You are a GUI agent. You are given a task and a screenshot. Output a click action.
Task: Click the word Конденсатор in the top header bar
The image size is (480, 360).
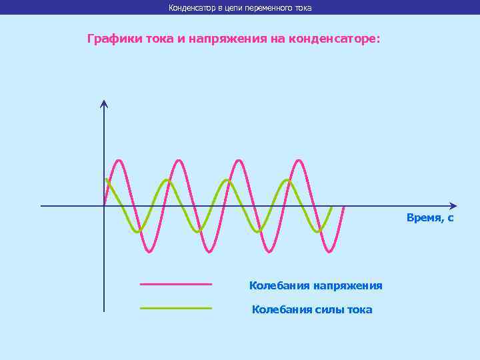pyautogui.click(x=189, y=8)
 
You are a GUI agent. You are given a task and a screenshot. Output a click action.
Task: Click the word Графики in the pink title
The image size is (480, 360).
pyautogui.click(x=111, y=39)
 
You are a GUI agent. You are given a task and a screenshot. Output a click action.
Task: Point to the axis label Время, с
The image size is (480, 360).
pyautogui.click(x=430, y=218)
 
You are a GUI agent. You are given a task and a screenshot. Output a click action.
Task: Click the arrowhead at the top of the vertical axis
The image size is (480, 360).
pyautogui.click(x=104, y=103)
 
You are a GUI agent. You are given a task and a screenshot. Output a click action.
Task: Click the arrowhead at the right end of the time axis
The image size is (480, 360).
pyautogui.click(x=453, y=205)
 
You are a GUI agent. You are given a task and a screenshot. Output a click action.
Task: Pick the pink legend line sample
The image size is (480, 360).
pyautogui.click(x=176, y=284)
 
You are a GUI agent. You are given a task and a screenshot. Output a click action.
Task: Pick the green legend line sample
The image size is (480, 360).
pyautogui.click(x=176, y=308)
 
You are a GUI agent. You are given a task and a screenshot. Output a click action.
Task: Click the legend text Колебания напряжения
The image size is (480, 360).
pyautogui.click(x=315, y=285)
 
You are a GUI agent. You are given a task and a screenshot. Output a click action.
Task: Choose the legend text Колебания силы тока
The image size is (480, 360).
pyautogui.click(x=312, y=309)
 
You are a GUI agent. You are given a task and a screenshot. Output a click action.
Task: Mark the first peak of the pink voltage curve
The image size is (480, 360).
pyautogui.click(x=119, y=160)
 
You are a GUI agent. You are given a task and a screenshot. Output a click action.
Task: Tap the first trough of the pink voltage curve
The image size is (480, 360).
pyautogui.click(x=149, y=252)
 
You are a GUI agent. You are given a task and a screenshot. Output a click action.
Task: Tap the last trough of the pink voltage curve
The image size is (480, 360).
pyautogui.click(x=329, y=252)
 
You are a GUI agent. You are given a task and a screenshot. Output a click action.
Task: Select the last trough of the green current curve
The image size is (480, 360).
pyautogui.click(x=320, y=231)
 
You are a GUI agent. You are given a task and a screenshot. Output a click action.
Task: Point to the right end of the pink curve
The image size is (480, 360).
pyautogui.click(x=344, y=207)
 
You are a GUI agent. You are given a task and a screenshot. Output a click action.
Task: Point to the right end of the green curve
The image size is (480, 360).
pyautogui.click(x=331, y=207)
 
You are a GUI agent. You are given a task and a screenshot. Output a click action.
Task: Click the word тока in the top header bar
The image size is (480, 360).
pyautogui.click(x=302, y=8)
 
